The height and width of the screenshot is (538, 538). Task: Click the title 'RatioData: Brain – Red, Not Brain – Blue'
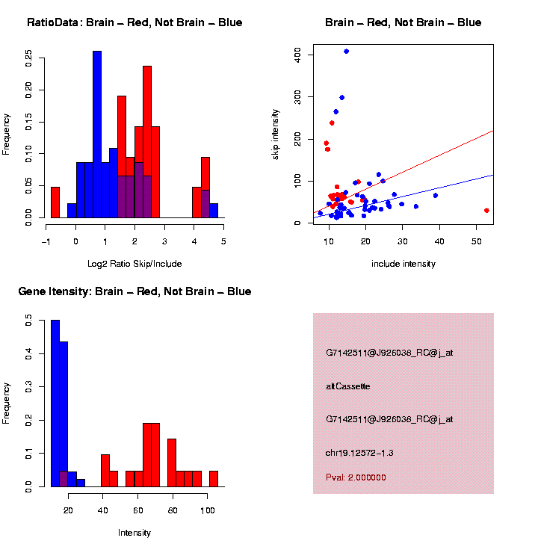(x=134, y=22)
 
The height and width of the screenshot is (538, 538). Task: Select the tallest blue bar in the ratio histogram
(x=97, y=134)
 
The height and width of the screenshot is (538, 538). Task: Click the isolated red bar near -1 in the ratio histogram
(x=55, y=202)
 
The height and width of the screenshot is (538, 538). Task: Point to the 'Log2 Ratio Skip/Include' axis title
(x=134, y=264)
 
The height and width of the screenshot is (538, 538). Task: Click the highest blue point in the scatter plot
(x=346, y=52)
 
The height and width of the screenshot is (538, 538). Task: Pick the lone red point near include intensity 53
(x=486, y=211)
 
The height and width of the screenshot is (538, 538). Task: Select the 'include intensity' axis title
(x=403, y=264)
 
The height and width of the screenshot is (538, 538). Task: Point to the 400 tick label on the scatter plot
(x=297, y=55)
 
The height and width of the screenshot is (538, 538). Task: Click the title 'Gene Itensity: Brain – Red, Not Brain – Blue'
(x=134, y=291)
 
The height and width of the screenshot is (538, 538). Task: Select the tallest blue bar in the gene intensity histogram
(x=55, y=403)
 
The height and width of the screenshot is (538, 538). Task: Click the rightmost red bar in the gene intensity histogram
(x=214, y=478)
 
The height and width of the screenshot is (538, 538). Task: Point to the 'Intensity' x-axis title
(x=134, y=533)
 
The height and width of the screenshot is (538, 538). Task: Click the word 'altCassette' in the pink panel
(x=348, y=386)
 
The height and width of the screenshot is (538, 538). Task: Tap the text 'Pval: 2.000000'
(x=356, y=477)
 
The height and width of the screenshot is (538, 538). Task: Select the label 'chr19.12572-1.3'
(x=359, y=453)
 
